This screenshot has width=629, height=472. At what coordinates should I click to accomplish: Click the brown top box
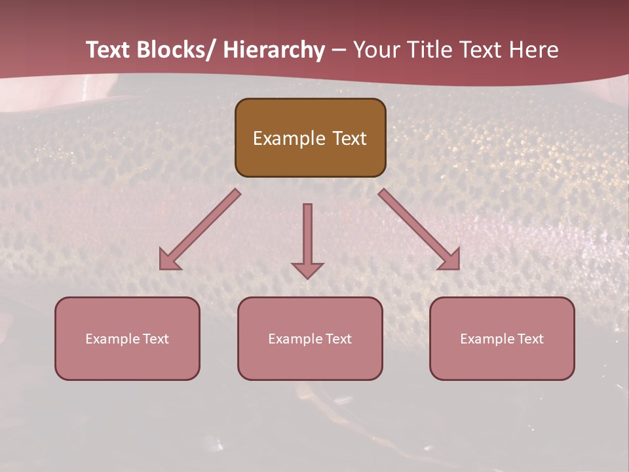[x=310, y=138]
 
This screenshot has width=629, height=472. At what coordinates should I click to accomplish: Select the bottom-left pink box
[x=127, y=338]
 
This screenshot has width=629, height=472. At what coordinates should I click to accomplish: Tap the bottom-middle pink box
[x=310, y=338]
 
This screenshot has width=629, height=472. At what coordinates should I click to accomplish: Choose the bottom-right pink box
[x=502, y=338]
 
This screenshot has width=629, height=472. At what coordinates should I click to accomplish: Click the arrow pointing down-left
[x=200, y=229]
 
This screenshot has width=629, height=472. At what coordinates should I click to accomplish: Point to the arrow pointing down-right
[x=419, y=229]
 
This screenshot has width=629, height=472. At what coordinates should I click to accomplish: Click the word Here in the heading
[x=533, y=50]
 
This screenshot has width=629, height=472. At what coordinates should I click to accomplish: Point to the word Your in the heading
[x=375, y=50]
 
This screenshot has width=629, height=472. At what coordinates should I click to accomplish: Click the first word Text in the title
[x=108, y=50]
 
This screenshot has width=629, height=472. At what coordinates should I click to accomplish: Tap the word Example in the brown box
[x=289, y=138]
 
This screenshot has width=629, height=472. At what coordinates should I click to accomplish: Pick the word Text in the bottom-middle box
[x=338, y=339]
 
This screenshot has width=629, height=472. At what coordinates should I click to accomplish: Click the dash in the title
[x=339, y=50]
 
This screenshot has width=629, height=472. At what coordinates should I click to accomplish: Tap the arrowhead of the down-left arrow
[x=168, y=260]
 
